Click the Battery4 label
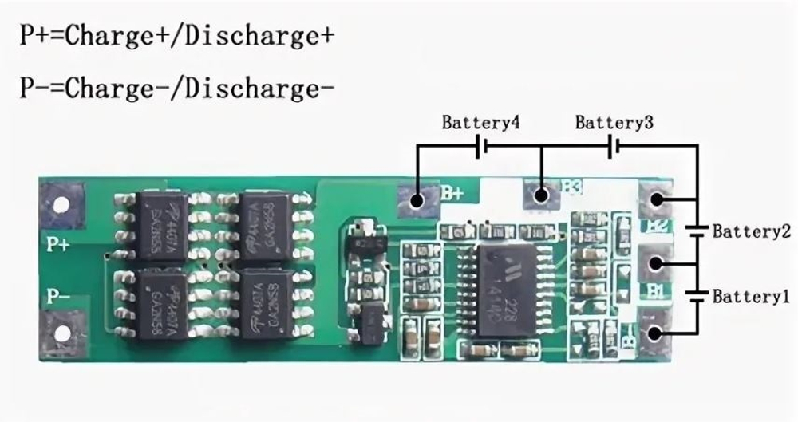tap(481, 124)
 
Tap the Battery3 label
tap(614, 124)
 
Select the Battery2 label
tap(751, 231)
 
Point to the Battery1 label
tap(751, 297)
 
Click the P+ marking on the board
tap(59, 244)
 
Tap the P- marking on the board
tap(58, 297)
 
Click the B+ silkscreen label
tap(453, 192)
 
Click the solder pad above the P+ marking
tap(61, 204)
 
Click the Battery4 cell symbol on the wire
tap(481, 146)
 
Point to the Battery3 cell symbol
tap(614, 146)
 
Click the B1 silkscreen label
tap(656, 291)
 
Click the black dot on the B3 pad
tap(540, 194)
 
